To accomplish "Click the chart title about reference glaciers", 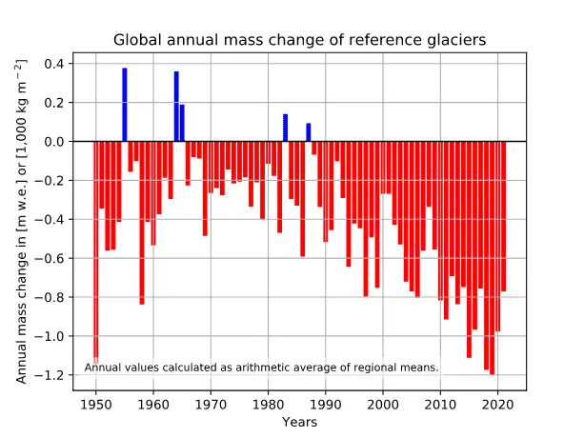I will [300, 40].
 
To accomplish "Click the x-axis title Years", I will [299, 421].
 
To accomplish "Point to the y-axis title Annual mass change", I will [21, 220].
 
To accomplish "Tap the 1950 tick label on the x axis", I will [95, 404].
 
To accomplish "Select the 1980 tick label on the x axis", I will [269, 404].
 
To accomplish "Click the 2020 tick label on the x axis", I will [498, 404].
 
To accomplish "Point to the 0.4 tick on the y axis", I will [54, 64].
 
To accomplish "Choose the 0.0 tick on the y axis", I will [54, 142].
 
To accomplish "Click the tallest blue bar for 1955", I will [125, 105].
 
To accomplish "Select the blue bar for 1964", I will [176, 107].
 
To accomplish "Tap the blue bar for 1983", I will [286, 128].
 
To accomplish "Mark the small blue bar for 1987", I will [309, 132].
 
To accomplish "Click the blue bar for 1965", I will [182, 123].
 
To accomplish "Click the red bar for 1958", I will [142, 223].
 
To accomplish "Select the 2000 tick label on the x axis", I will [384, 404].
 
